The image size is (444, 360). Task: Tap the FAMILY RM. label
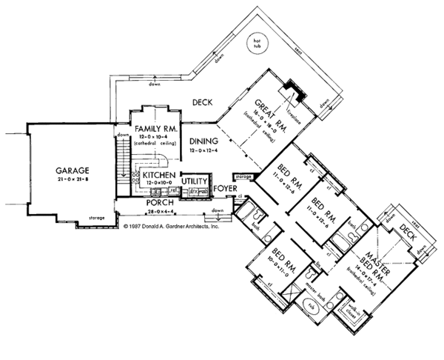pyautogui.click(x=154, y=128)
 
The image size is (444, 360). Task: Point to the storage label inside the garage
pyautogui.click(x=107, y=218)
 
